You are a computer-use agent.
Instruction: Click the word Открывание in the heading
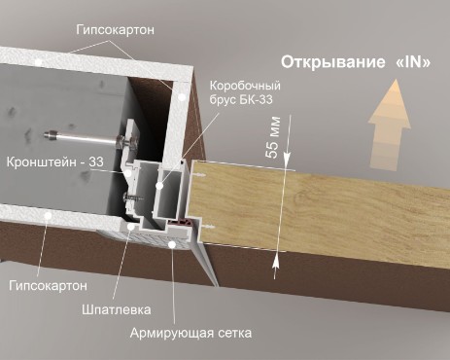(x=333, y=62)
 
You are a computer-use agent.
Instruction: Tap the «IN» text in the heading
(x=413, y=62)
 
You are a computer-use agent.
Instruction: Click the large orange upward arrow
(x=389, y=125)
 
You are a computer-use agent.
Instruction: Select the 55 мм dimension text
(x=273, y=137)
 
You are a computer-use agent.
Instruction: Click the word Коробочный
(x=245, y=86)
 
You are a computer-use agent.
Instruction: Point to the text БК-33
(x=256, y=99)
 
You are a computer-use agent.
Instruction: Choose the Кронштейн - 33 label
(x=54, y=162)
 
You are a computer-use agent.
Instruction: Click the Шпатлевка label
(x=117, y=309)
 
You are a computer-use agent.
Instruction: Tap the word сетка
(x=235, y=333)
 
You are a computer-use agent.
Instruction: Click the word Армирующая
(x=172, y=334)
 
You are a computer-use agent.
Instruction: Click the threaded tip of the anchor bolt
(x=50, y=134)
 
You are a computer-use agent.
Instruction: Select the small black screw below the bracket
(x=133, y=197)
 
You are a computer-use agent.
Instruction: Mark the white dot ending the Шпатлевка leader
(x=131, y=226)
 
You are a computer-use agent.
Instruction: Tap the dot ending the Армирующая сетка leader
(x=172, y=244)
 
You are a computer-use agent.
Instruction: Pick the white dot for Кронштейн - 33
(x=128, y=173)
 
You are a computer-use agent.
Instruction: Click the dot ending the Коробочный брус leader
(x=159, y=186)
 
